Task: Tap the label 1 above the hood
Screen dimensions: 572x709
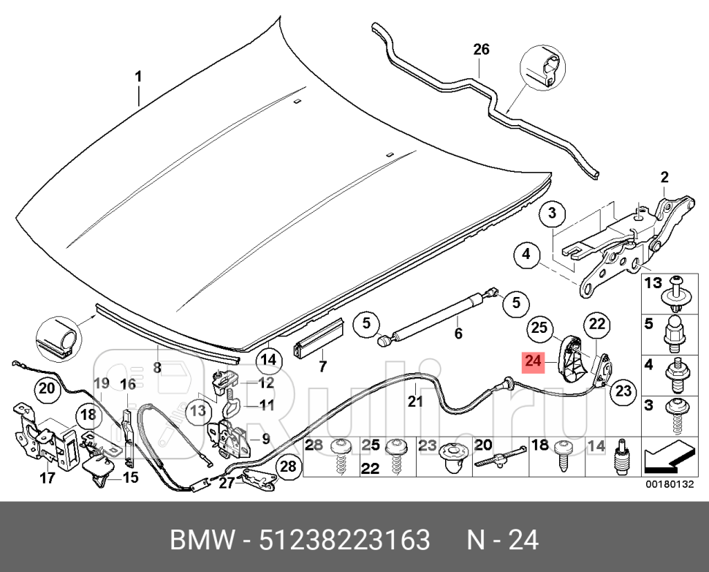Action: (138, 77)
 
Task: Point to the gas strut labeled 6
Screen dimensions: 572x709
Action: (439, 310)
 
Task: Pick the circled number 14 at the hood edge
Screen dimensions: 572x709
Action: (268, 359)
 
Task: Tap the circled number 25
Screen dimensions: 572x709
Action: (539, 329)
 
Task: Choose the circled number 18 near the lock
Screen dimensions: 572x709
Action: (88, 415)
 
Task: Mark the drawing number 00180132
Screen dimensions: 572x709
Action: (668, 483)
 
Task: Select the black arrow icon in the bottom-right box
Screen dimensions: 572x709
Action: (668, 459)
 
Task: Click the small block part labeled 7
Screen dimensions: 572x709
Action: (318, 336)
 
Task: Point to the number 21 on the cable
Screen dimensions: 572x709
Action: (415, 400)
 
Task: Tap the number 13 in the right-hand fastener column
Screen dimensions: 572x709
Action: (652, 282)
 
